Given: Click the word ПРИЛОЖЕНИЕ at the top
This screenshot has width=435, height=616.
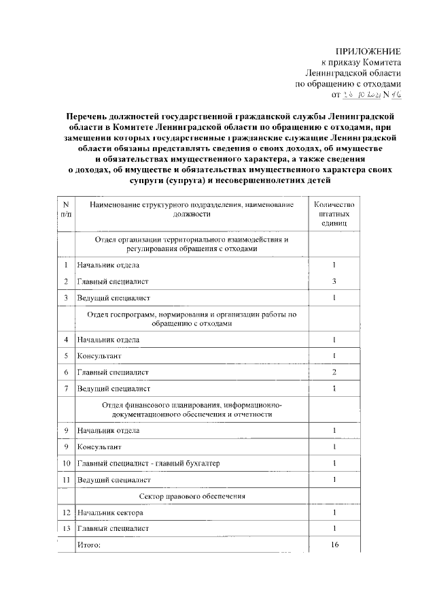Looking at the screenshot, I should [x=369, y=52].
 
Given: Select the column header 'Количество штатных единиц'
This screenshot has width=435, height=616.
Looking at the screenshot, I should [x=334, y=213].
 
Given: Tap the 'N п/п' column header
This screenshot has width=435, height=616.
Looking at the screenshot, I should [x=65, y=209].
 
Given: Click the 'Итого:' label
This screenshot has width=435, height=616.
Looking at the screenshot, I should [x=89, y=545].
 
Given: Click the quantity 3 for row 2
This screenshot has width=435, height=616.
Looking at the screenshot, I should [x=334, y=281].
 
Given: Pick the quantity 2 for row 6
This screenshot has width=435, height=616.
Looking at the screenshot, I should [x=334, y=372].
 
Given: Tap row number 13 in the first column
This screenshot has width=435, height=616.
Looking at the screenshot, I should [x=66, y=528].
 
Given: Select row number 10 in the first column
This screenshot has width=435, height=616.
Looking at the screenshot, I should [x=66, y=464].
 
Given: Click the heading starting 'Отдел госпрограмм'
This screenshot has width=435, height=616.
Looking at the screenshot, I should [x=193, y=319].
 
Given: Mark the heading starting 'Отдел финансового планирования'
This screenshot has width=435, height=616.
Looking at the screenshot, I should [x=193, y=409].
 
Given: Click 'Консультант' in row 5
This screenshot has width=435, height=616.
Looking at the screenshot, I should [x=100, y=355].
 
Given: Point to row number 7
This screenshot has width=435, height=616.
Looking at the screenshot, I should [x=66, y=389].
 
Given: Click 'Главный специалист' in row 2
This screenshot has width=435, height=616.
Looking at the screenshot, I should [x=112, y=281].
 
